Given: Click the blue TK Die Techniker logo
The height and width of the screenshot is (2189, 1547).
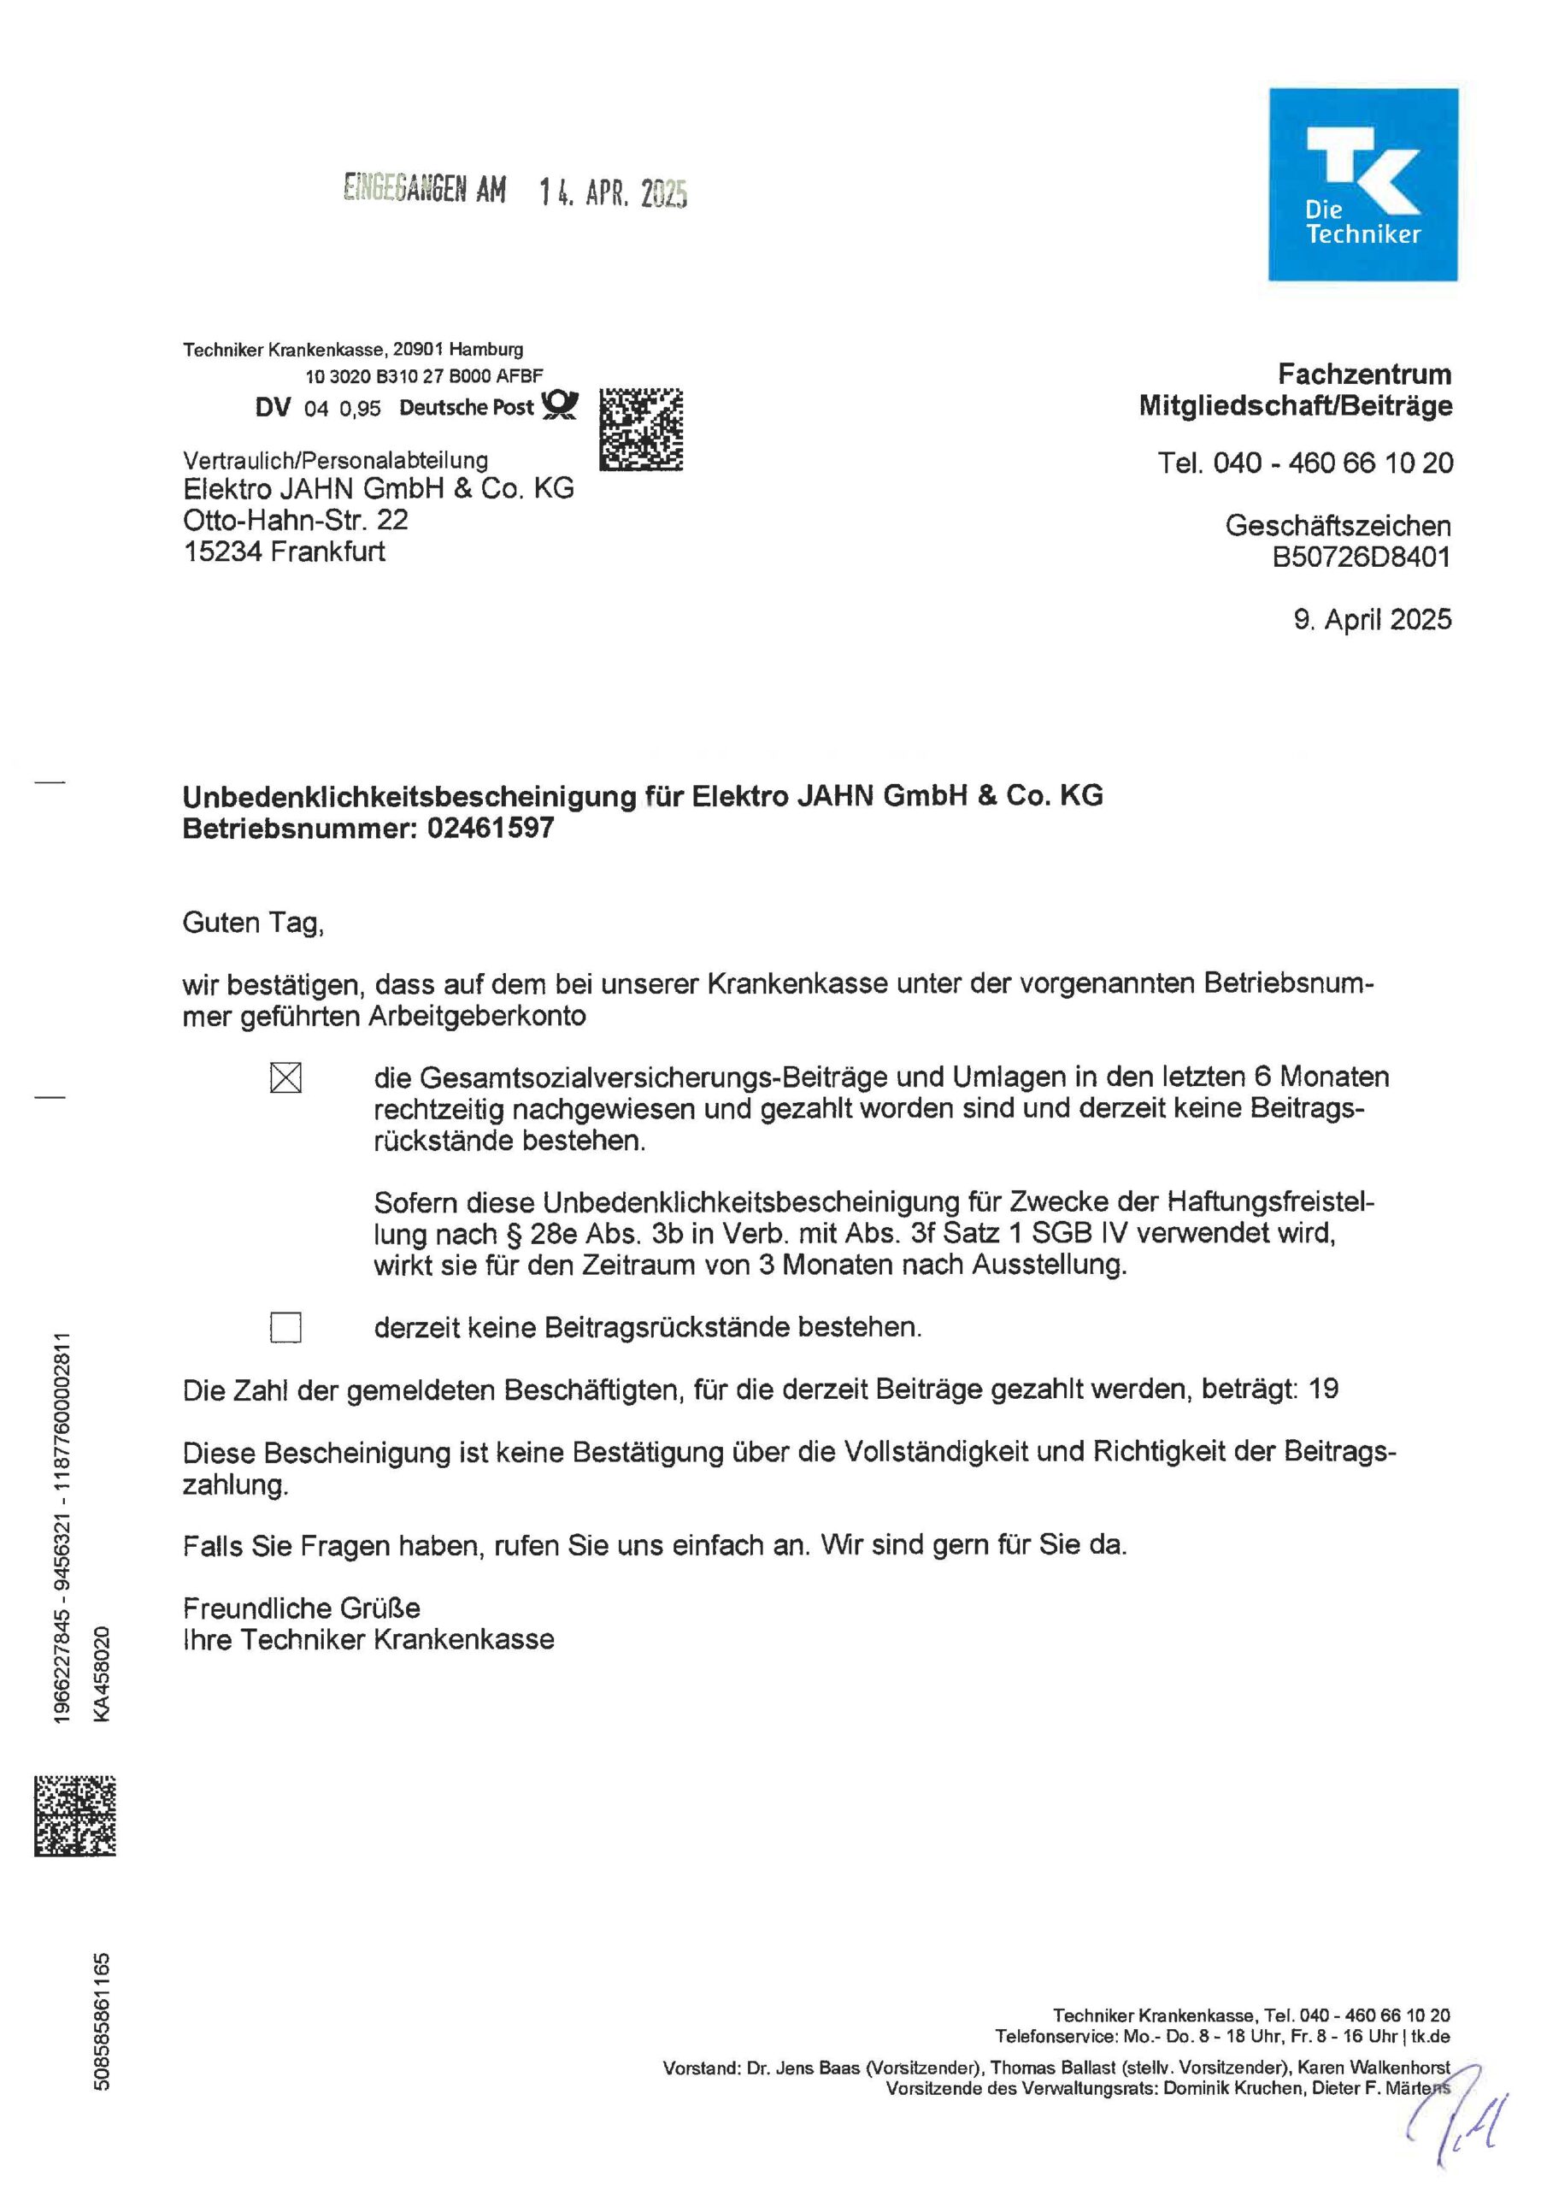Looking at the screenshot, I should pos(1362,184).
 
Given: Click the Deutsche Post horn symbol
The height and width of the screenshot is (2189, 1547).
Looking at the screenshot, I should pos(560,406).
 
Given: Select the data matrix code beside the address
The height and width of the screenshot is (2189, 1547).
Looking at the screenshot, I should pos(640,429).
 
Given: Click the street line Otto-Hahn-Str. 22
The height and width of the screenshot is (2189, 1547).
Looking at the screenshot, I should pos(296,521).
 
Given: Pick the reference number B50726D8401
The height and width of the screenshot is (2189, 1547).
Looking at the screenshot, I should pos(1362,557).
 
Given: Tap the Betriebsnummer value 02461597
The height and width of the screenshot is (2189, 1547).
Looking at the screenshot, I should pos(490,828).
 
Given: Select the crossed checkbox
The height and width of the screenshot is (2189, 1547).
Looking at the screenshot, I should pos(286,1078).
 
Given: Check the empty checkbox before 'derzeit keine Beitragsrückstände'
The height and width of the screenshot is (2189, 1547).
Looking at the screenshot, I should pos(286,1327).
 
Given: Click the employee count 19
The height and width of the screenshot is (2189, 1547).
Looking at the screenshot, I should pos(1323,1390).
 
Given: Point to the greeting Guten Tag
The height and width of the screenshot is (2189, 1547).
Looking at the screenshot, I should pos(253,923).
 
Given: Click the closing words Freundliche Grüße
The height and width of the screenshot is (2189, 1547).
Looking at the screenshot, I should pos(301,1608).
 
